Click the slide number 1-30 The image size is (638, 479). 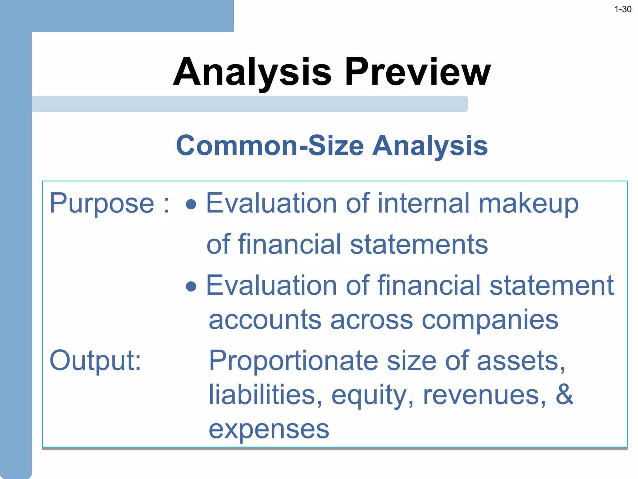click(622, 9)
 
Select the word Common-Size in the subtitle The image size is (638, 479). click(270, 146)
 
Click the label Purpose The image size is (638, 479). click(102, 204)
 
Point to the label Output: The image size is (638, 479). click(95, 360)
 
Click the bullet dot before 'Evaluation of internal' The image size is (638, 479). click(191, 205)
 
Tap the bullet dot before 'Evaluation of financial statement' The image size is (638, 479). click(191, 286)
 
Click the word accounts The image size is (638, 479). click(265, 320)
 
